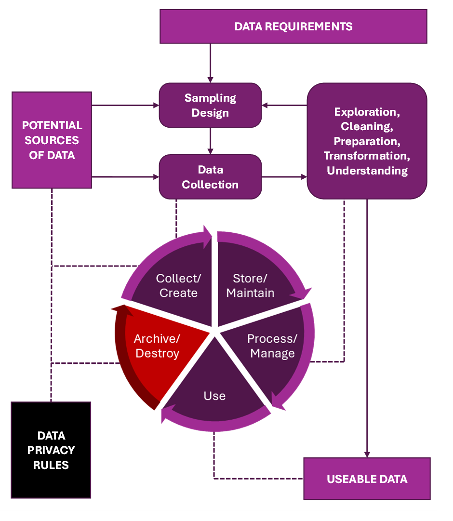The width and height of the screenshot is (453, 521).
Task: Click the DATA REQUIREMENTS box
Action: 293,27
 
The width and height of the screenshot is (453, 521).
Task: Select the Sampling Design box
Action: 210,105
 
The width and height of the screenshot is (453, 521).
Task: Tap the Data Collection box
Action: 210,177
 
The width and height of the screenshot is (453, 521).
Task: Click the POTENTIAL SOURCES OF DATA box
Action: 52,140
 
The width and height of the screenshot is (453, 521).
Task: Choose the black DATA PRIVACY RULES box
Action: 51,450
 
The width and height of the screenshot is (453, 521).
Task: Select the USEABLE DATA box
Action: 367,479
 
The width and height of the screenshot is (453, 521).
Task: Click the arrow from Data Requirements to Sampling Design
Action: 210,63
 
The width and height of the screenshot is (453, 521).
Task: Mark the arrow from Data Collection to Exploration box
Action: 284,177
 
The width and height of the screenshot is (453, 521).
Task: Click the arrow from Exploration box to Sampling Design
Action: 284,105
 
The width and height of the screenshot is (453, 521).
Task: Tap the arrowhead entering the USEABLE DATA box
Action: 367,454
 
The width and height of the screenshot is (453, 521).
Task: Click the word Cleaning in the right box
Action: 366,126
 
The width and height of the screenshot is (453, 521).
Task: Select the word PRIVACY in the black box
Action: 51,450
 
